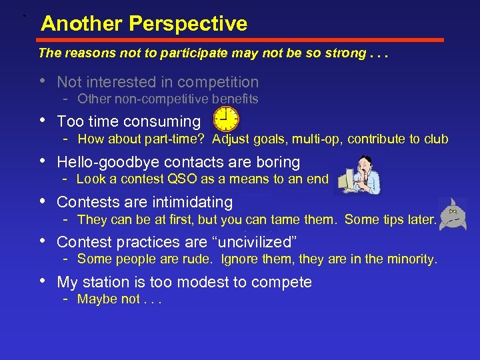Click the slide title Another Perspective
coord(143,24)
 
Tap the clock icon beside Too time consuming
coord(226,119)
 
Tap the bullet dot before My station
coord(43,282)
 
